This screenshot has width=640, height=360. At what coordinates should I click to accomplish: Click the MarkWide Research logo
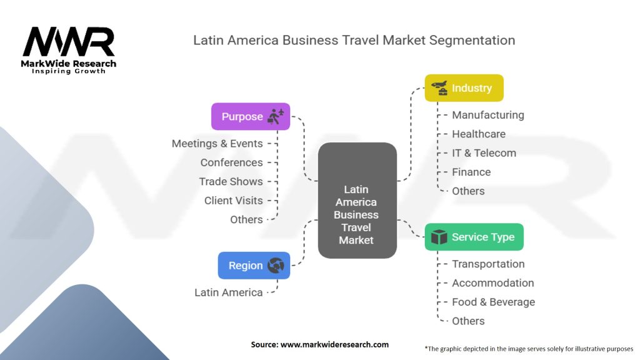click(x=69, y=49)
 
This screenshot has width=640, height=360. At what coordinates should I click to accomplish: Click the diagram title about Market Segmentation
click(x=354, y=41)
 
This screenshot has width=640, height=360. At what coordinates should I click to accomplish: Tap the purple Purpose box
click(x=251, y=117)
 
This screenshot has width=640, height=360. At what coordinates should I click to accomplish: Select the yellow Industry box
click(x=464, y=88)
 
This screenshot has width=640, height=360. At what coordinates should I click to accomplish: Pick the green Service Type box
click(x=474, y=237)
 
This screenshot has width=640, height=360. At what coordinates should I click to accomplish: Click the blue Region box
click(x=254, y=266)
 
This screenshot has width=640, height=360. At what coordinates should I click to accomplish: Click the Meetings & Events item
click(x=217, y=144)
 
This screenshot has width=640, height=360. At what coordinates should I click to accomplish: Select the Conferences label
click(x=231, y=162)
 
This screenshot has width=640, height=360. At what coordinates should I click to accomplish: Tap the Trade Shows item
click(x=231, y=181)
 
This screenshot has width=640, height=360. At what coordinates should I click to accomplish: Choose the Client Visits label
click(x=233, y=201)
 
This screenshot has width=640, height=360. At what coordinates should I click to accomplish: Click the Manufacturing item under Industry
click(x=487, y=115)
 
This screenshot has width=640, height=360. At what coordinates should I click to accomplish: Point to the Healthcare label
click(x=479, y=134)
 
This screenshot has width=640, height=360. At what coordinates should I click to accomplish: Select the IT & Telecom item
click(x=484, y=153)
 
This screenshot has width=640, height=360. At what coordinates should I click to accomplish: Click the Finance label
click(x=471, y=172)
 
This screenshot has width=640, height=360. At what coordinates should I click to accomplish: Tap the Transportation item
click(x=488, y=264)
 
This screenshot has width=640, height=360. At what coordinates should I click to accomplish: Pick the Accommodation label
click(x=492, y=283)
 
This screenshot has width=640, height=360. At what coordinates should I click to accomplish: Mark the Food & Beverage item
click(x=493, y=302)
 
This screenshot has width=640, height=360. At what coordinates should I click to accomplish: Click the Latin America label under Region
click(x=228, y=292)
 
